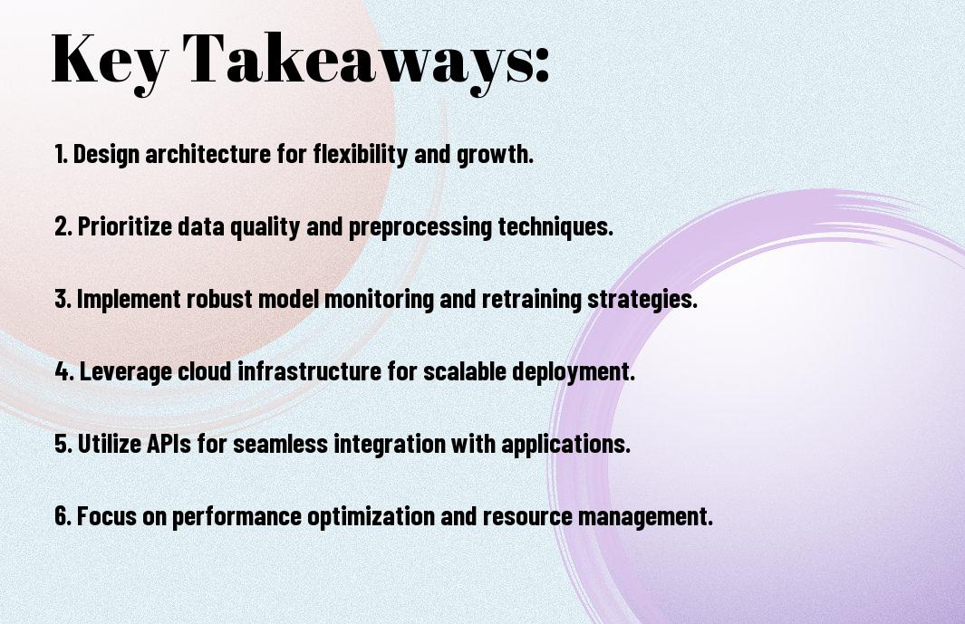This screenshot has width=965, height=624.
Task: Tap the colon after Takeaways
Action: click(542, 65)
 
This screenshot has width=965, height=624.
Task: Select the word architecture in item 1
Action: click(208, 154)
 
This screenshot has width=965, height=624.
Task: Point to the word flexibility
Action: click(360, 154)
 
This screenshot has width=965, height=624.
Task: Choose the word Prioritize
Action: click(124, 226)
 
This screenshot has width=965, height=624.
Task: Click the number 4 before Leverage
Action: click(64, 371)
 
